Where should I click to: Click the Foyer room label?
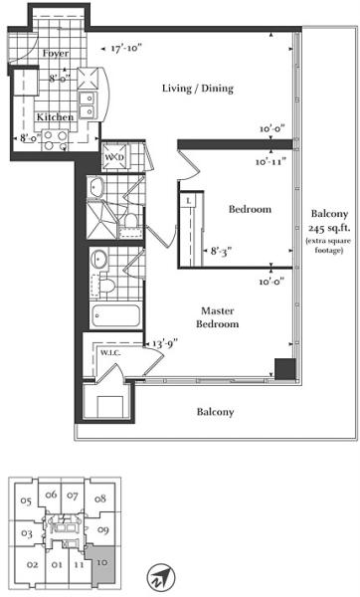[56, 54]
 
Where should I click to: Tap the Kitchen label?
[55, 116]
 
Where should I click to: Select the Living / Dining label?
[198, 89]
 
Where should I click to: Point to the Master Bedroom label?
[218, 317]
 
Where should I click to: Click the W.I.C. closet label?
[110, 353]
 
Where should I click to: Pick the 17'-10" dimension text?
[126, 49]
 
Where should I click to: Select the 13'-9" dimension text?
[165, 344]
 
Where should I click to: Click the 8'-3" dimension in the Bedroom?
[222, 252]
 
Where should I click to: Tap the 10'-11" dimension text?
[270, 162]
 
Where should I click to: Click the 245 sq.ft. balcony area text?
[329, 228]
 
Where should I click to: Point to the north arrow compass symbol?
[161, 577]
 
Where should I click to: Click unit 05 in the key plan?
[26, 501]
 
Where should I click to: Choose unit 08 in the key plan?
[100, 498]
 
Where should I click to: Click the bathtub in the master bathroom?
[115, 315]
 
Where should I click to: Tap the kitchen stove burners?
[55, 140]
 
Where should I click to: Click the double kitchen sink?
[88, 105]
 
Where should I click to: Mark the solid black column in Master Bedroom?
[285, 369]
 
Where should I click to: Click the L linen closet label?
[189, 201]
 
